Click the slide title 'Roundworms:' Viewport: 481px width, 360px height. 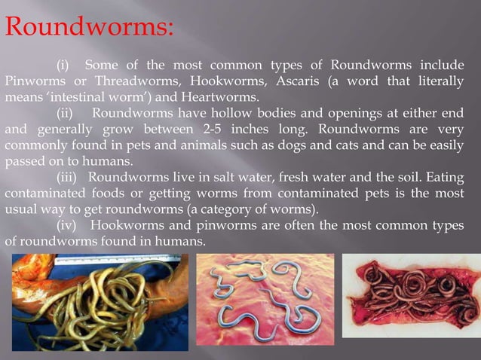coord(89,28)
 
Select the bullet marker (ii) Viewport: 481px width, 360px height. coord(67,113)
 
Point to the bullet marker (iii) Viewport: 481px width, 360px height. coord(69,177)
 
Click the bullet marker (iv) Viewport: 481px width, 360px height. coord(69,226)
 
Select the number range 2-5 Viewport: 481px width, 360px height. coord(203,129)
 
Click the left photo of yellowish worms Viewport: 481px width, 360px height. coord(95,302)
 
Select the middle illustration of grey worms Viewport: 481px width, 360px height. coord(265,299)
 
